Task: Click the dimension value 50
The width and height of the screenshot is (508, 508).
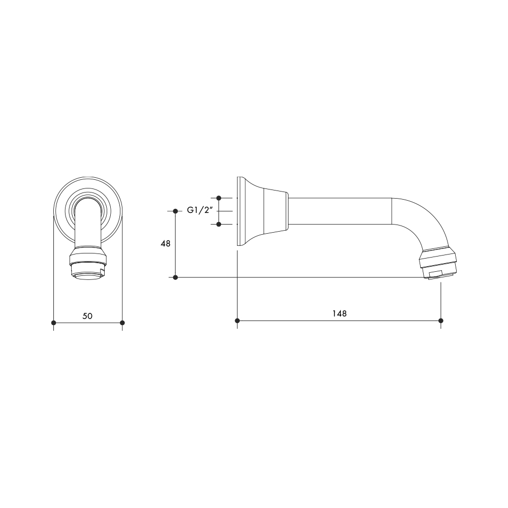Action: point(87,316)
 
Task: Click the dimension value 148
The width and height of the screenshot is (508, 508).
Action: point(339,313)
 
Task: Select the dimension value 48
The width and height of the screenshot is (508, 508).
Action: point(166,244)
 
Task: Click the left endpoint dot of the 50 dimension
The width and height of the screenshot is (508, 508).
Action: point(53,323)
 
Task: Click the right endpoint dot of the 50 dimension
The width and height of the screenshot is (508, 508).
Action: point(122,323)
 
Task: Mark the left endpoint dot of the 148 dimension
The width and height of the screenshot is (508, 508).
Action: point(237,321)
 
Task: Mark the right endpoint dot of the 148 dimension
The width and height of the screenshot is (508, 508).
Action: point(440,321)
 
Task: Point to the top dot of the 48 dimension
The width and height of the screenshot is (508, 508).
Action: point(175,211)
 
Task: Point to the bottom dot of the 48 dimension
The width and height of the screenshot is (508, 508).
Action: point(175,277)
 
